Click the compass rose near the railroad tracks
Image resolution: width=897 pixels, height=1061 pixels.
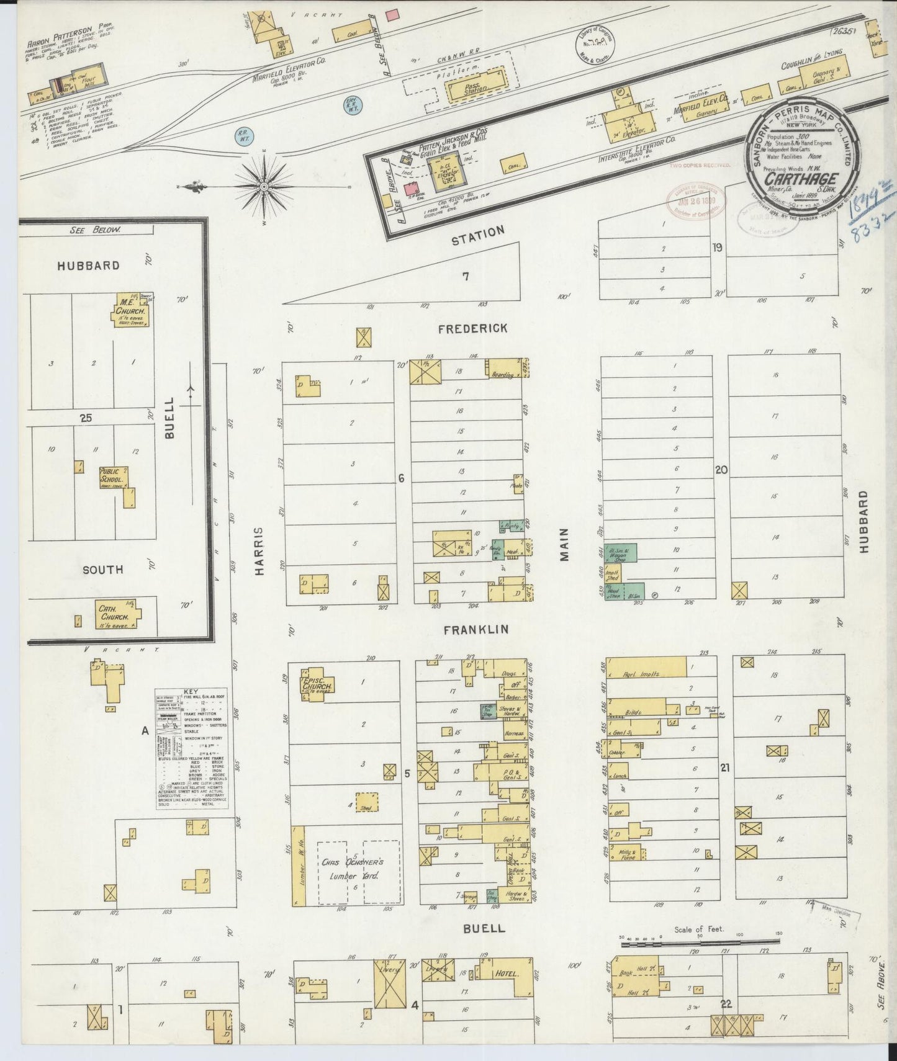click(x=264, y=186)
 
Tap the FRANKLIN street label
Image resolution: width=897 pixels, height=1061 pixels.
click(x=476, y=629)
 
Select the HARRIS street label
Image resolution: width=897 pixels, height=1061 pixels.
click(x=260, y=551)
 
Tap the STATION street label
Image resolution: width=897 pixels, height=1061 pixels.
click(x=477, y=234)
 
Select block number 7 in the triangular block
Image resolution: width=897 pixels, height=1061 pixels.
click(x=465, y=277)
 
